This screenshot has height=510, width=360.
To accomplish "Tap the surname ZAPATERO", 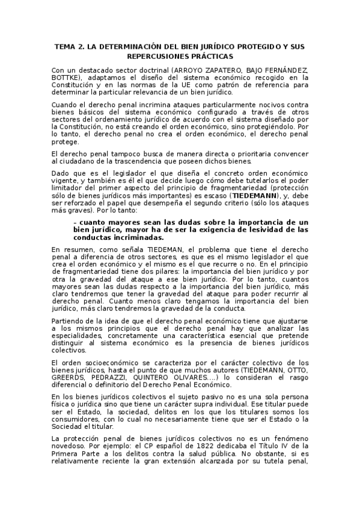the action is pos(208,70).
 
